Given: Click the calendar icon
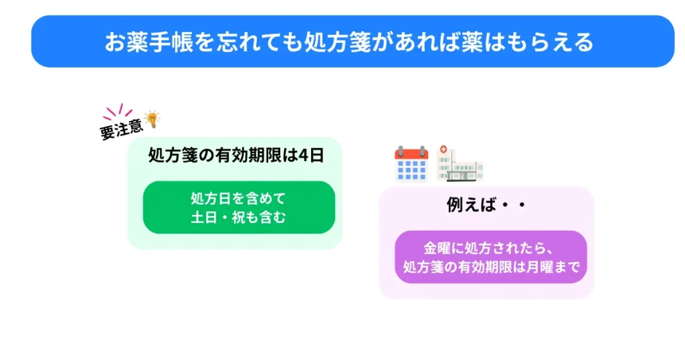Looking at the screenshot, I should [411, 164].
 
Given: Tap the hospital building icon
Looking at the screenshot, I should [460, 164].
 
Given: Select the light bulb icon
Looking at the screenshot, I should [153, 119].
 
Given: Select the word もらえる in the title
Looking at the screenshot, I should [555, 42].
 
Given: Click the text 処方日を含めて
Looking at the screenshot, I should [238, 199].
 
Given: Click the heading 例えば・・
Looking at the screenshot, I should [486, 205].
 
